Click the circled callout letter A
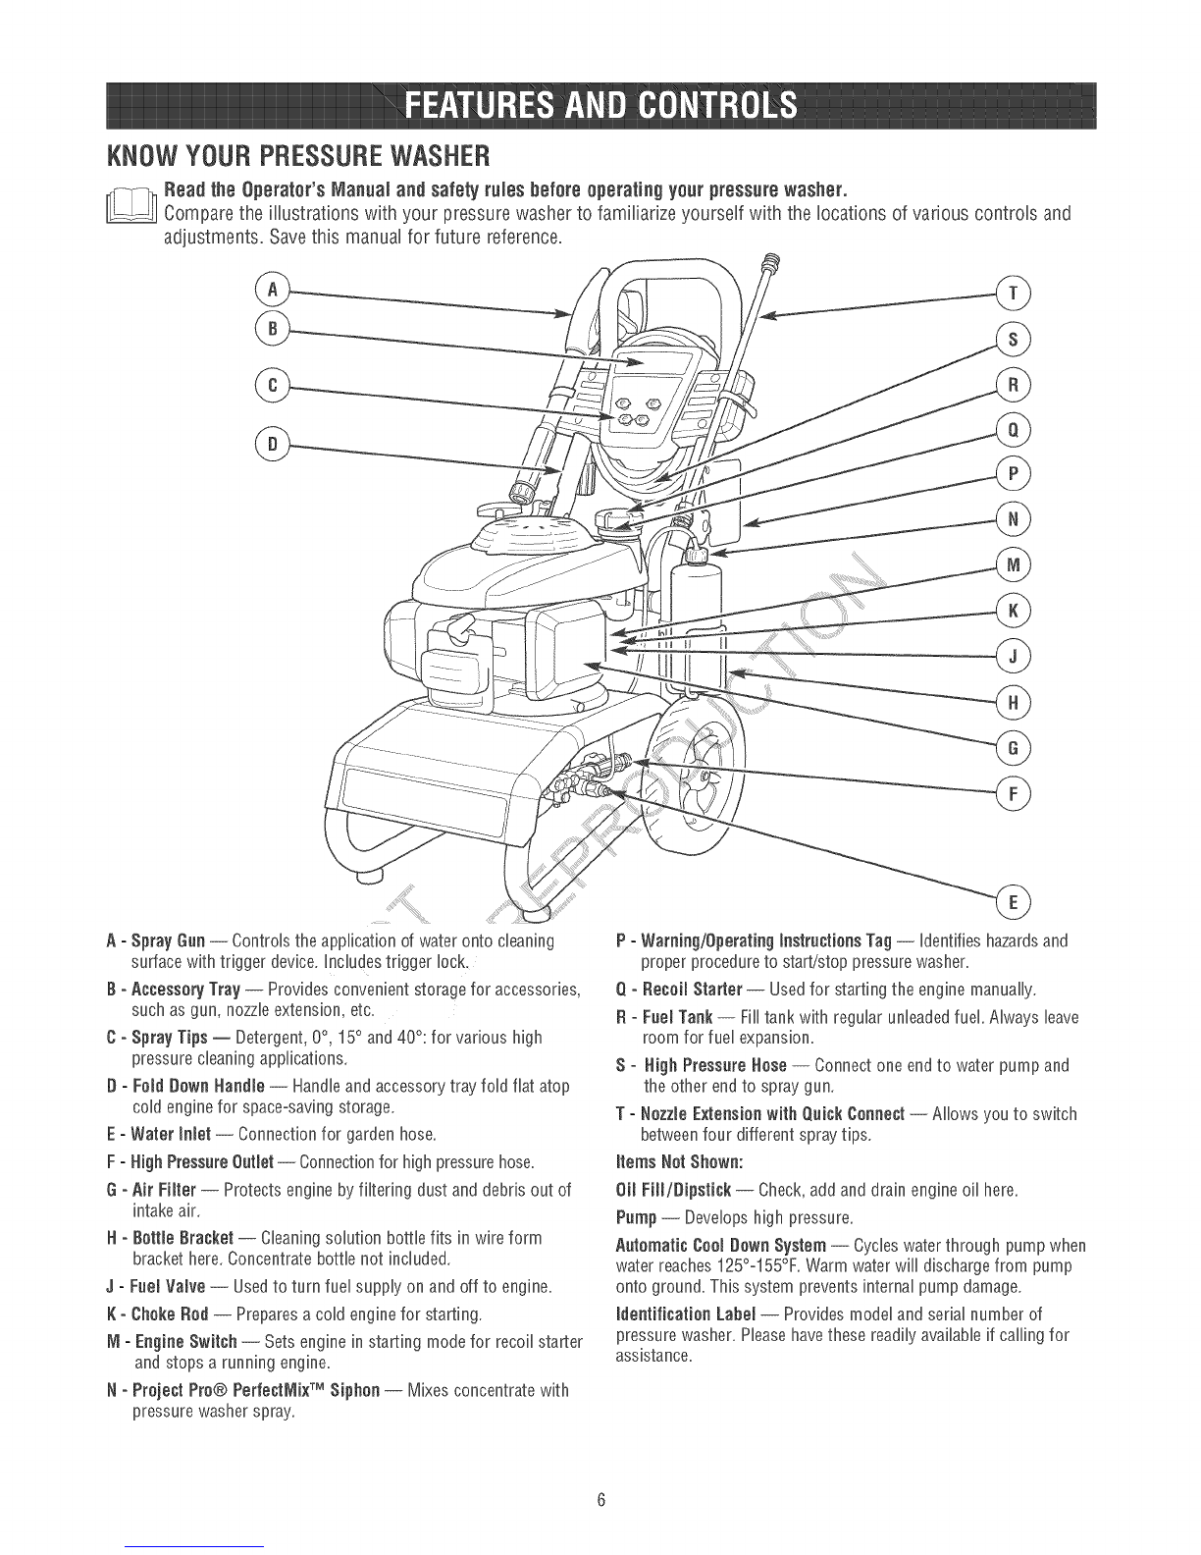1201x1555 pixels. (x=272, y=291)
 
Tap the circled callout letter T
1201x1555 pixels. (x=1013, y=295)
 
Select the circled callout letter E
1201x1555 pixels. (x=1013, y=901)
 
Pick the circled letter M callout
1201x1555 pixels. (x=1013, y=565)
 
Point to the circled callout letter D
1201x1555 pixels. (x=272, y=445)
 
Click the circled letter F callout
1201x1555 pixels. (x=1013, y=793)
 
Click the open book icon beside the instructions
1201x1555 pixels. (x=131, y=204)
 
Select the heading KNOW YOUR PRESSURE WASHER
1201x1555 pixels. (x=298, y=156)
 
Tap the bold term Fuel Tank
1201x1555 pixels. (x=677, y=1017)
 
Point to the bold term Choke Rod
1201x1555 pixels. (x=170, y=1314)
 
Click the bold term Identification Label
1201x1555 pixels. (x=685, y=1314)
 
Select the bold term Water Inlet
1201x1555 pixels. (x=171, y=1134)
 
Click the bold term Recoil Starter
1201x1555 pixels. (x=692, y=990)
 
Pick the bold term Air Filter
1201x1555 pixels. (x=164, y=1190)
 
